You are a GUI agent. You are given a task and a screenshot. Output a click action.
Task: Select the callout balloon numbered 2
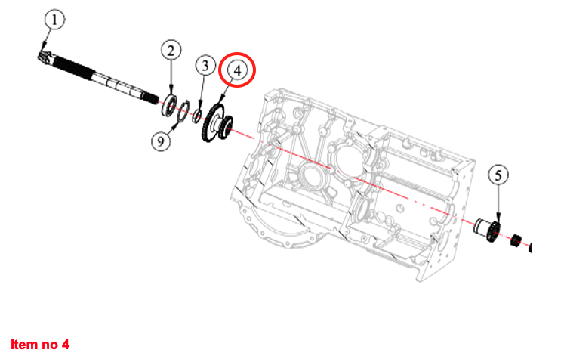tap(171, 51)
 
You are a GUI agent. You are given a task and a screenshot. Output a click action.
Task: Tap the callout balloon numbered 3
tap(205, 65)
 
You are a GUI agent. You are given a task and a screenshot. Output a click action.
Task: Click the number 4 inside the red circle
tap(237, 70)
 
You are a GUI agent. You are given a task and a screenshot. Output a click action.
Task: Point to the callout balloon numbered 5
tap(498, 175)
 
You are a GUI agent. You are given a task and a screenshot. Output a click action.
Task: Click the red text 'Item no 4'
tap(40, 345)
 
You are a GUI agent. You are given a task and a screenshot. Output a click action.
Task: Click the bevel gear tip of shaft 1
tap(42, 57)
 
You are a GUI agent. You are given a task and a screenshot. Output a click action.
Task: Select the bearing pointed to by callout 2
tap(171, 104)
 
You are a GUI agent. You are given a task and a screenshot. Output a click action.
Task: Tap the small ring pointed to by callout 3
tap(197, 115)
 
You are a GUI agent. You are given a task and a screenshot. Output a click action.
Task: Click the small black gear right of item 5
tap(518, 242)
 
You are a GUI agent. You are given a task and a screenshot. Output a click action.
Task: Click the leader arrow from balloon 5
tap(498, 204)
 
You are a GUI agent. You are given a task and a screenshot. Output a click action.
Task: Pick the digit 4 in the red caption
tap(66, 345)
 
